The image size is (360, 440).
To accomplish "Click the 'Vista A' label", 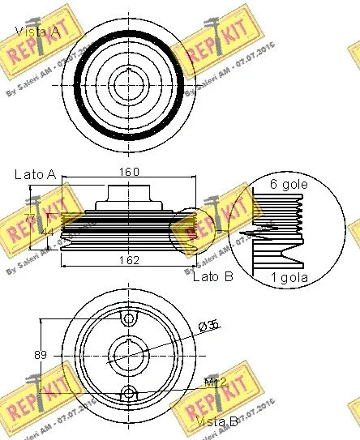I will coord(37,32).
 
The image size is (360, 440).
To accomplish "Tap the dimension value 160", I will coord(130,171).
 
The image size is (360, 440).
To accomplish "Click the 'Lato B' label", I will coord(212,276).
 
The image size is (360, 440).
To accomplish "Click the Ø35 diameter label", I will coord(210,326).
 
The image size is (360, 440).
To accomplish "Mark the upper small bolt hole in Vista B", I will coord(128,318).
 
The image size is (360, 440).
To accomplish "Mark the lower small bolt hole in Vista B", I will coord(128,394).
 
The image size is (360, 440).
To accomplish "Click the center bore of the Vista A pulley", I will coord(128,83).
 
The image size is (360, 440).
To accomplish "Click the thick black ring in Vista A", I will coord(78,81).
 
